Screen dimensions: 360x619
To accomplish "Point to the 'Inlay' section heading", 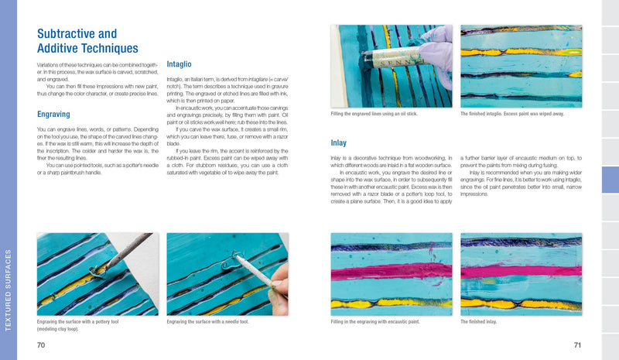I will [338, 143].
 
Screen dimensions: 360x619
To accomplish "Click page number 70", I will [42, 345].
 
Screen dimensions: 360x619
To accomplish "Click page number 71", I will [576, 345].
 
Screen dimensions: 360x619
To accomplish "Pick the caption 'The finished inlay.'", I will [478, 321].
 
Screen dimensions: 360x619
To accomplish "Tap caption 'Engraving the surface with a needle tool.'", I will [207, 321].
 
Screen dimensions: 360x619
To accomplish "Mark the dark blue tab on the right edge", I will [610, 180].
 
